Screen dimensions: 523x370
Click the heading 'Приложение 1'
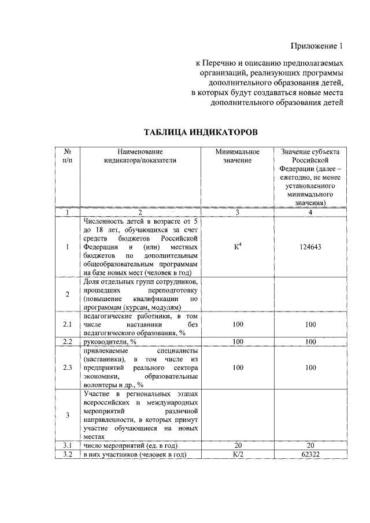[316, 46]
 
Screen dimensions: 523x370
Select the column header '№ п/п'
[67, 155]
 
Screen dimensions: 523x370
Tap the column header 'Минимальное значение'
[237, 155]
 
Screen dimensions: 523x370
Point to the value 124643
[310, 247]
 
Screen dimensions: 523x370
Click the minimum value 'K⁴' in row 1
[237, 247]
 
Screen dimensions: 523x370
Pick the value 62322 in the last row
[310, 455]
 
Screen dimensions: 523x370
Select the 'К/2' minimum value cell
[237, 455]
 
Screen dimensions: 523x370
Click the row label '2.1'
[67, 325]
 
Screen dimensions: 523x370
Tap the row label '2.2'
[67, 342]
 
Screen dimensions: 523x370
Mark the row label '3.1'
[67, 446]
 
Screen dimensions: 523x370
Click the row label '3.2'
[67, 455]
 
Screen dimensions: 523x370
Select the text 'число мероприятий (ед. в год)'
[130, 446]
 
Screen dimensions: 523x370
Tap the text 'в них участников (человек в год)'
[134, 455]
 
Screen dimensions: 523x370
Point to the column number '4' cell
[310, 213]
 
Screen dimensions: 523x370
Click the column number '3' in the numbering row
[237, 213]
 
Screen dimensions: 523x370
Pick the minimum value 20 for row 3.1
[237, 446]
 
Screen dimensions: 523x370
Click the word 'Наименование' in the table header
[140, 151]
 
